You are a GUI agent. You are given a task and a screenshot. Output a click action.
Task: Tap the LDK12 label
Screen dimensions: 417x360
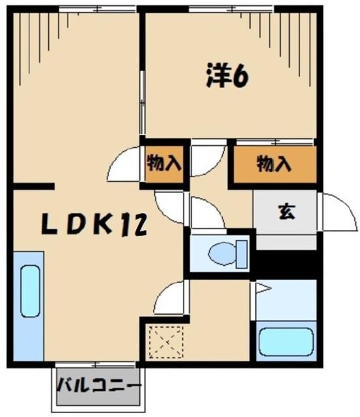point(94,225)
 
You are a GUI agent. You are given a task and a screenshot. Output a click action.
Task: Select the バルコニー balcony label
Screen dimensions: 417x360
point(98,384)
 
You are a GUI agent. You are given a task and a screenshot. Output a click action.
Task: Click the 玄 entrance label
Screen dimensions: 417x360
point(285,211)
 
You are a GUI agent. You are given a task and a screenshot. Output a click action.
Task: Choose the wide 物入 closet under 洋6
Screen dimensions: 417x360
point(273,164)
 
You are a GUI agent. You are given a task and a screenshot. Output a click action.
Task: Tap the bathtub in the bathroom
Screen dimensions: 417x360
point(286,341)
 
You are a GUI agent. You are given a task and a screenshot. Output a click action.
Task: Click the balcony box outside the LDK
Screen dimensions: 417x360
point(97,385)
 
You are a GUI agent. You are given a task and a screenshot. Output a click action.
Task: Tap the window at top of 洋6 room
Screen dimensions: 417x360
point(228,9)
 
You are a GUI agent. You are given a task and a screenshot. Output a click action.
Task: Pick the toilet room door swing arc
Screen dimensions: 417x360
point(207,215)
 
